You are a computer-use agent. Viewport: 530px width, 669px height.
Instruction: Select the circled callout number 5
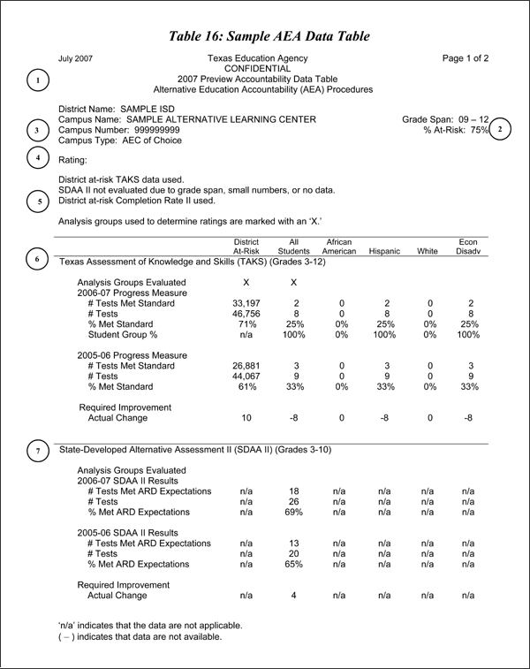[x=38, y=201]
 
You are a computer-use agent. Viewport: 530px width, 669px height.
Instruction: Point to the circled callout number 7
[x=38, y=450]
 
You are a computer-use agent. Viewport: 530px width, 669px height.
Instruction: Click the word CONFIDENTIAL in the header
[x=258, y=68]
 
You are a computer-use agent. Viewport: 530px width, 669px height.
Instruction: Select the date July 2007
[x=75, y=58]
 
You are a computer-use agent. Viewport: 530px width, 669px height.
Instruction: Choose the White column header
[x=428, y=252]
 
